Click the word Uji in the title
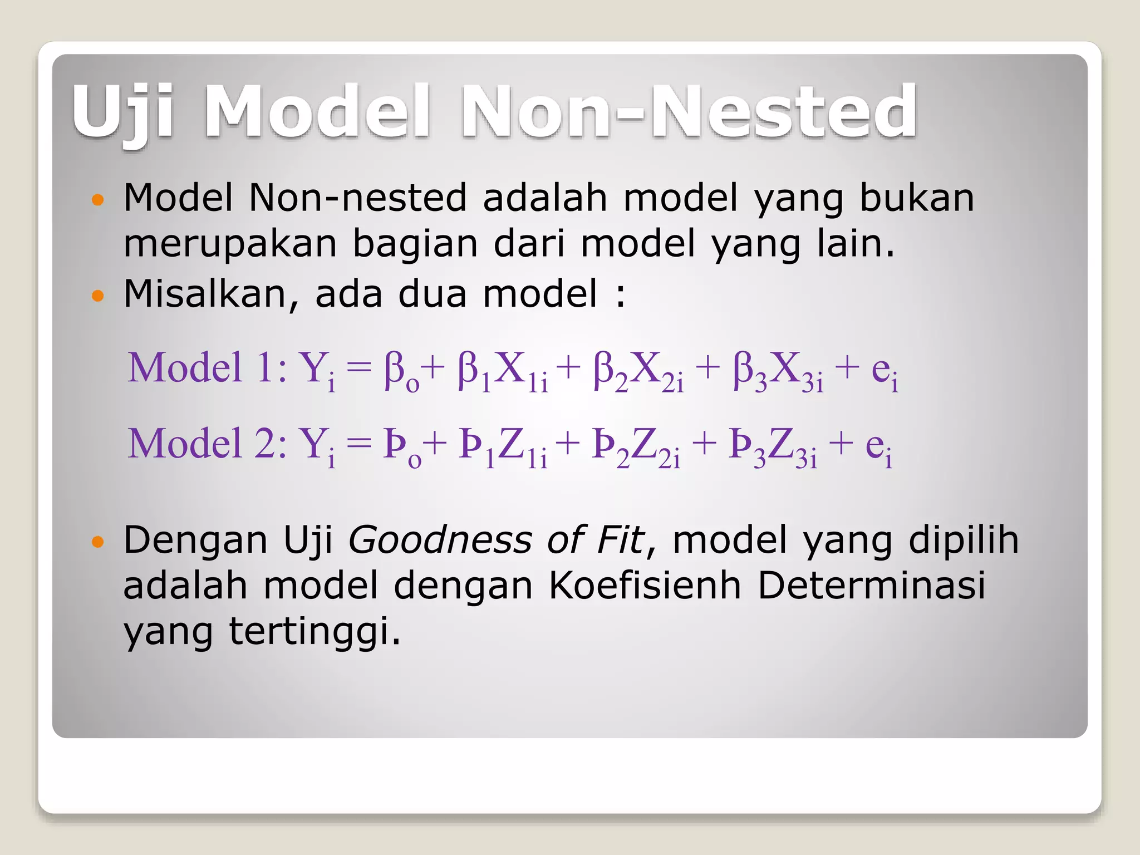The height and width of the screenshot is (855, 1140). [124, 111]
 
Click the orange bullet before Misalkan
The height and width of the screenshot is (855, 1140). [97, 296]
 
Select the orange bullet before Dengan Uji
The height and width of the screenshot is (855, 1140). [97, 542]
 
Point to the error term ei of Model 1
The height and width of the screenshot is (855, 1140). [884, 372]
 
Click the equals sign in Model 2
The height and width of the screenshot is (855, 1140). [358, 444]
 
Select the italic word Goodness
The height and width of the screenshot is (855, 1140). [439, 540]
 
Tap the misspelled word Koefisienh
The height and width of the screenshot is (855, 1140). [644, 586]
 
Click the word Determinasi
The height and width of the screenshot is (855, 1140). [871, 586]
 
